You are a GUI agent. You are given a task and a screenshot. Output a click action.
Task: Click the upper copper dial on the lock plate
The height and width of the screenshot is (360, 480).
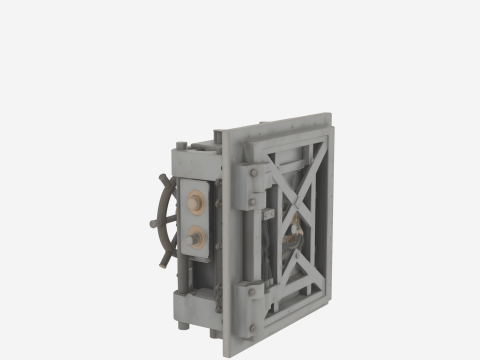point(194,204)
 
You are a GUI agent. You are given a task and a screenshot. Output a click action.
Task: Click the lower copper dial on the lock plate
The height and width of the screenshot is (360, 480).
point(194,238)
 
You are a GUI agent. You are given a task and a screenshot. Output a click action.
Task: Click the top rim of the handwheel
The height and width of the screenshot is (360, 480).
point(164,179)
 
